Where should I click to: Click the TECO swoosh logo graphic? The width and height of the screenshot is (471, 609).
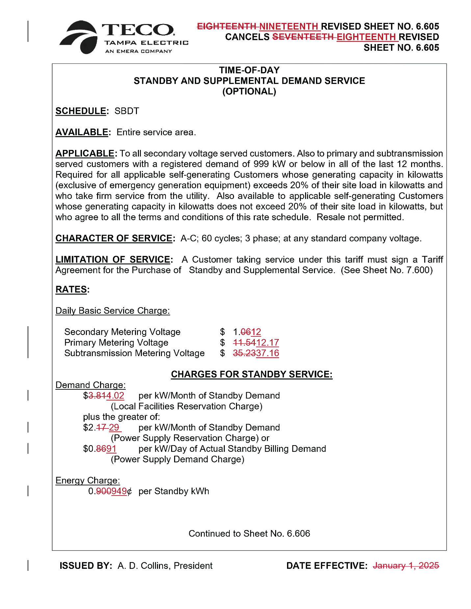(79, 37)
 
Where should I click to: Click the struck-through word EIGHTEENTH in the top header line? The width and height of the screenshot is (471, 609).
(227, 26)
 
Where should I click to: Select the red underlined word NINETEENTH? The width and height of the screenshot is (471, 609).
(289, 26)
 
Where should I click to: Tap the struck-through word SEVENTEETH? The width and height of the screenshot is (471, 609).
(303, 37)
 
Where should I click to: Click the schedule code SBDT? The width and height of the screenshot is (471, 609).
(127, 111)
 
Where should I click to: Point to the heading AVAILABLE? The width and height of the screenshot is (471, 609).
(82, 132)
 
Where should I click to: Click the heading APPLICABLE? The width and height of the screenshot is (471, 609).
(85, 154)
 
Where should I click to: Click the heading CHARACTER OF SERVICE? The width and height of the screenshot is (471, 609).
(114, 238)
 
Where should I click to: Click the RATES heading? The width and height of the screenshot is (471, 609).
(71, 290)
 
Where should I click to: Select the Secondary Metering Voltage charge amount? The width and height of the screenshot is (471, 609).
(247, 332)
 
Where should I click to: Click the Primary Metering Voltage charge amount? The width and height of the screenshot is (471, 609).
(256, 343)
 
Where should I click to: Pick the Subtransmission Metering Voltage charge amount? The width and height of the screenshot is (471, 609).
(256, 353)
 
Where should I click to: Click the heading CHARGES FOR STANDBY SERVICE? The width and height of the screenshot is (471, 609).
(251, 374)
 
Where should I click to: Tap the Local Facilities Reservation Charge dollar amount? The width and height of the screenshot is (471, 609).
(104, 396)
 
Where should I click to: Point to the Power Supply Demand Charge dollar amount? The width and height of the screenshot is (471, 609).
(100, 449)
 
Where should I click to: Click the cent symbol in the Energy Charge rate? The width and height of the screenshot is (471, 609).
(130, 491)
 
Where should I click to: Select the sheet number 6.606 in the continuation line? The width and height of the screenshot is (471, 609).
(298, 533)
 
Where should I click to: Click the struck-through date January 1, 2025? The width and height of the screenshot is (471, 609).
(406, 566)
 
